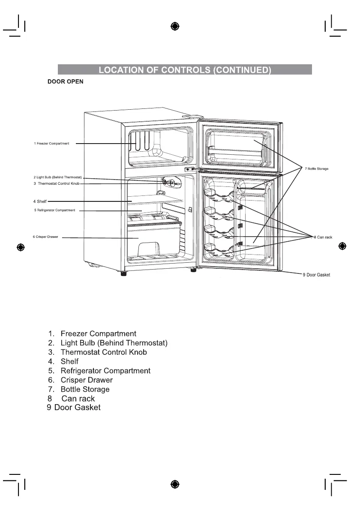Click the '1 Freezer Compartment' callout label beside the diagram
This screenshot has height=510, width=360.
tap(51, 143)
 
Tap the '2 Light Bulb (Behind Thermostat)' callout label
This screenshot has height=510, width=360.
tap(57, 177)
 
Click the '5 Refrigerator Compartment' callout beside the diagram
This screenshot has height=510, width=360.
tap(54, 210)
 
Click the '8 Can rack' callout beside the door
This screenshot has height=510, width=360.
tap(323, 237)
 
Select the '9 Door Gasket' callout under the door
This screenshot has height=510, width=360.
tap(317, 275)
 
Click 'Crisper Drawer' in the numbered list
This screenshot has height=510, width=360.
tap(87, 380)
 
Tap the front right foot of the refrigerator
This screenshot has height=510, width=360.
tap(193, 270)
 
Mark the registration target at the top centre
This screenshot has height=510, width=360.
tap(174, 26)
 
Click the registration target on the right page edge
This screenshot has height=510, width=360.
tap(342, 246)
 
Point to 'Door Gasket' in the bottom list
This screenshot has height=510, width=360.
tap(77, 408)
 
